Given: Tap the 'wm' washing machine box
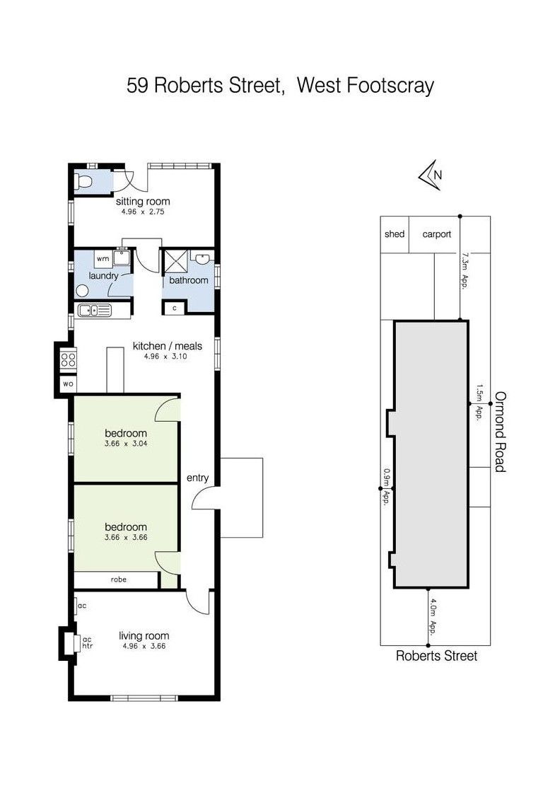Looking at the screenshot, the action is point(103,258).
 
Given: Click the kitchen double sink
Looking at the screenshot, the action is point(94,310).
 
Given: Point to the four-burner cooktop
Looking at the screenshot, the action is point(69,360).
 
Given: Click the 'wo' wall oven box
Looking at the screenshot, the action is point(68,383).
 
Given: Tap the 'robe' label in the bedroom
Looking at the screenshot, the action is point(118,579).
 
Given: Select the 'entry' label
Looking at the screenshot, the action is point(197,478).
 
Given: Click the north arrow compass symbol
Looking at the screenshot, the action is point(430,175).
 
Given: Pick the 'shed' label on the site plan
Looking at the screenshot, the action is point(395,234).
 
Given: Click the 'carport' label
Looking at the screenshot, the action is point(436,234).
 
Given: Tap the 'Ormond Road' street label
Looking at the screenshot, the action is point(501,432).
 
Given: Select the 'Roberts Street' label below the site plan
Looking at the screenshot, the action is point(436,656).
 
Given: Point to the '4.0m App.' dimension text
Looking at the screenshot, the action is point(433,617).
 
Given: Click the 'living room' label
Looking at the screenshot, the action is point(144,635).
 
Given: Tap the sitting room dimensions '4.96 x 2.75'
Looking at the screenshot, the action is point(143,212).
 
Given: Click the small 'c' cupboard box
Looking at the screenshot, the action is point(175,308).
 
